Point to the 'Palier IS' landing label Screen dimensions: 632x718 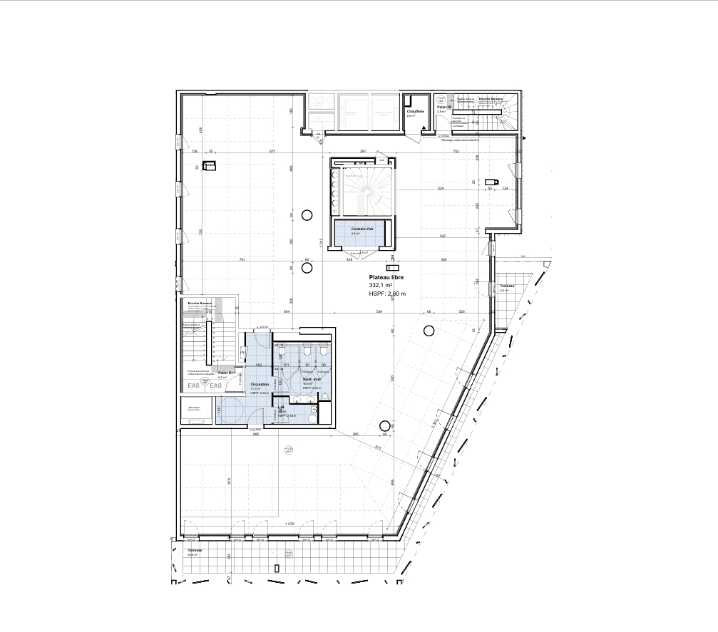click(x=443, y=108)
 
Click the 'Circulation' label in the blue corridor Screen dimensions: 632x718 click(x=260, y=384)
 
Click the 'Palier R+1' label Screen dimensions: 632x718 click(x=227, y=373)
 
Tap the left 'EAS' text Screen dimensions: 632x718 click(x=193, y=385)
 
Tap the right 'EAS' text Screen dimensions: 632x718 click(x=216, y=385)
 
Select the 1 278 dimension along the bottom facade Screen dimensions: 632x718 click(x=289, y=524)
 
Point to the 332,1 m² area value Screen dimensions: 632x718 click(x=381, y=284)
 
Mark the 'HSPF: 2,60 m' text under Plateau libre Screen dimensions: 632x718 click(x=387, y=293)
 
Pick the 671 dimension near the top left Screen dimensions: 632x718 click(x=272, y=152)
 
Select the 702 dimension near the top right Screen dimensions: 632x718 click(x=456, y=152)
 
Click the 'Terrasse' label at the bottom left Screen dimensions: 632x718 click(x=195, y=551)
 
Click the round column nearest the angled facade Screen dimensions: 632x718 click(x=429, y=330)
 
